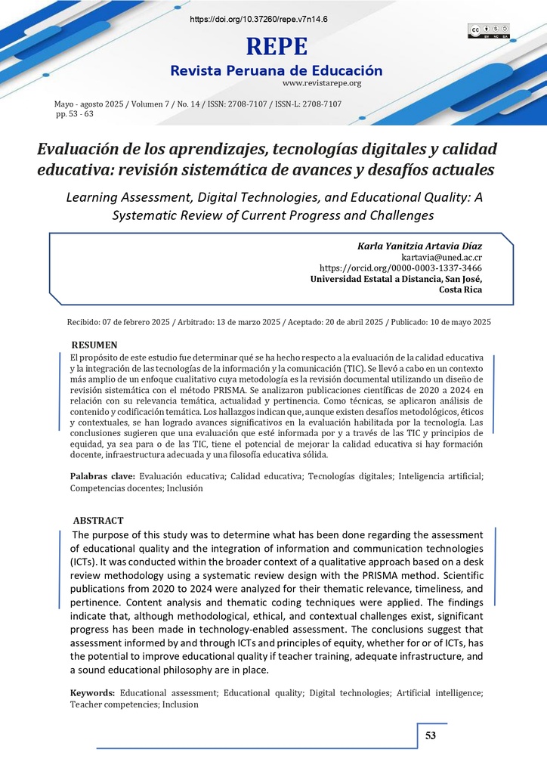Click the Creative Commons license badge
[x=489, y=30]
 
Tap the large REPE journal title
[x=277, y=47]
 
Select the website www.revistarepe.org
[x=322, y=83]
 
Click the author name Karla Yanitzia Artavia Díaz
[x=419, y=246]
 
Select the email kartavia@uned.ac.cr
[x=442, y=257]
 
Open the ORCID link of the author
[x=401, y=268]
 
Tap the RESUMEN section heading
[x=94, y=345]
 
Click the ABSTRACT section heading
[x=98, y=521]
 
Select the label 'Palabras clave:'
[x=103, y=476]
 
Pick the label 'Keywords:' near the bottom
[x=93, y=692]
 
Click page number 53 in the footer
[x=431, y=735]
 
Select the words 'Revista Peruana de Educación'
[x=277, y=70]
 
